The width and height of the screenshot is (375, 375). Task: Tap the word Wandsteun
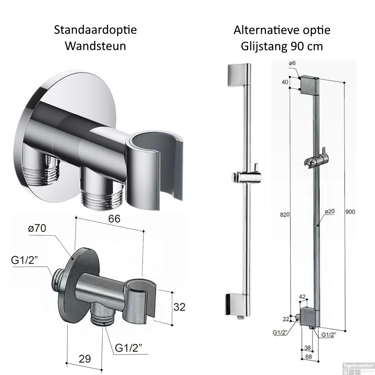[95, 46]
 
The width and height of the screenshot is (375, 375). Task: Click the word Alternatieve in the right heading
[263, 30]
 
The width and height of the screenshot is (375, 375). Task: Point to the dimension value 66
[114, 219]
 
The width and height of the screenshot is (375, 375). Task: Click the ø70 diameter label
[37, 228]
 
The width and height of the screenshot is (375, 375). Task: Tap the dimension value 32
[179, 307]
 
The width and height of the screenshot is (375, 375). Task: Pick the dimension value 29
[85, 359]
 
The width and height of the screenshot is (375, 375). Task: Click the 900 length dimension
[350, 211]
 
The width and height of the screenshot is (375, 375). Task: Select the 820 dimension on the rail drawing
[285, 214]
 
